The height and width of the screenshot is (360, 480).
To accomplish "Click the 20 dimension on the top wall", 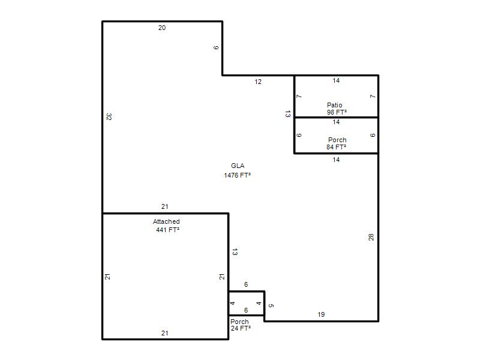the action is coord(162,28).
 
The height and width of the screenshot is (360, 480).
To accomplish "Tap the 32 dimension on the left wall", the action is coord(109,116).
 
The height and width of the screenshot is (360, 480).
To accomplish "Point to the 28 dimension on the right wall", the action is coord(371,237).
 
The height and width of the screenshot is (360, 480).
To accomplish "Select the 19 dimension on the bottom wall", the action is coord(321,314).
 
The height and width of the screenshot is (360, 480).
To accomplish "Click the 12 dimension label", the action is coord(258,82).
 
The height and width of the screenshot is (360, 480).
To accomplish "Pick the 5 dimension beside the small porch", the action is coord(271,305).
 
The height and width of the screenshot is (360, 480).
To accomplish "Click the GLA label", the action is coord(238,166).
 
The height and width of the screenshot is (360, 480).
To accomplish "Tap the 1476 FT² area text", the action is coord(237,175).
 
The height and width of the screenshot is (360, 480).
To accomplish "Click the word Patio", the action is coord(335,105).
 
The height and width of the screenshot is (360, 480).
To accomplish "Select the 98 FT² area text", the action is coord(337,112).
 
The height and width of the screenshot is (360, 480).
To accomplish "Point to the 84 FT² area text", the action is coord(337,147).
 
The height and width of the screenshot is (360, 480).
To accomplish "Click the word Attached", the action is coord(166,221).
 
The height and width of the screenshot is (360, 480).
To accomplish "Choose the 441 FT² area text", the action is coord(168,230).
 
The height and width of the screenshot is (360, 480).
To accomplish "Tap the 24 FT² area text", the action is coord(241,328).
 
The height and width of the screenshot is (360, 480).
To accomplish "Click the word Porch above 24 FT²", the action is coord(239,322).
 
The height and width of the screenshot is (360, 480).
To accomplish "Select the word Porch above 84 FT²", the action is coord(337,140).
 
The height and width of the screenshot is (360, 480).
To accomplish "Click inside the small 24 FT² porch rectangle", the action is coord(247,303).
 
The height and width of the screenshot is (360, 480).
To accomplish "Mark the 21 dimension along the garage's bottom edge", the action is coord(164,333).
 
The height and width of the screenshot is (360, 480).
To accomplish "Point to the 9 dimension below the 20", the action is coord(216,48).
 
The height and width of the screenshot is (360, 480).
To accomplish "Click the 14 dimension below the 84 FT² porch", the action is coord(336,160).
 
